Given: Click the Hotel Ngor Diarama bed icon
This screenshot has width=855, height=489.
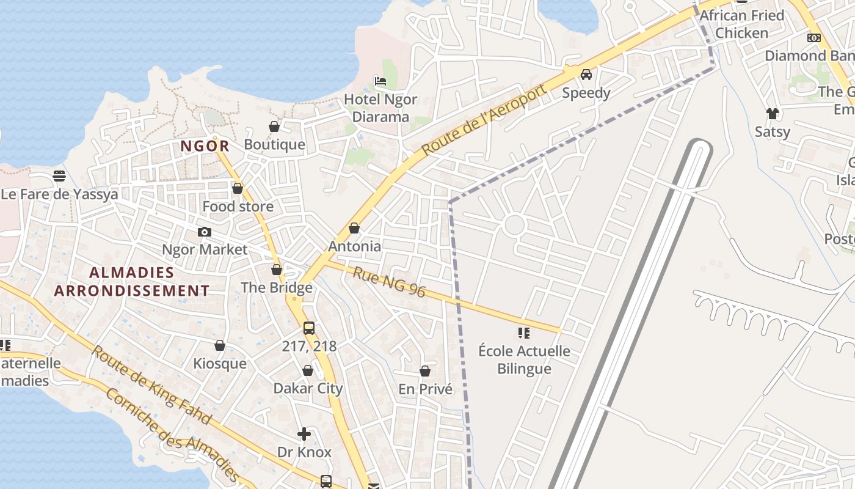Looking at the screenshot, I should click(x=380, y=81).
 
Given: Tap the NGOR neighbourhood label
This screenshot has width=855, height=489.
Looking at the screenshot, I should click(x=205, y=146).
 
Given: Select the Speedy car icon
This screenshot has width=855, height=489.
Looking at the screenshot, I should click(x=586, y=75).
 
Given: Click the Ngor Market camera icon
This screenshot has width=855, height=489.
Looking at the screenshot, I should click(x=205, y=232).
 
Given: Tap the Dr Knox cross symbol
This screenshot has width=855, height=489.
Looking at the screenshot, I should click(x=304, y=435).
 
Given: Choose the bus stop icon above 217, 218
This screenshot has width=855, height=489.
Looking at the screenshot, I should click(x=309, y=328).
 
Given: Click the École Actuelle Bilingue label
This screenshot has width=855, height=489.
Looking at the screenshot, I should click(x=524, y=360).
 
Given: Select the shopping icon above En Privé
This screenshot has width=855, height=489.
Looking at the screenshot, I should click(x=425, y=371).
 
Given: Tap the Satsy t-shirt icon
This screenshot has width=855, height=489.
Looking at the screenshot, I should click(x=773, y=113).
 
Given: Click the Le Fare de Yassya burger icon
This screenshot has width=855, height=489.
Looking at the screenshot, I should click(x=59, y=176).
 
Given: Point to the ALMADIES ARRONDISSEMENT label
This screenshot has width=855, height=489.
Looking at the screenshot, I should click(x=131, y=281).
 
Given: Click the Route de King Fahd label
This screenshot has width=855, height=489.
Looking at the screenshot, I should click(x=151, y=385).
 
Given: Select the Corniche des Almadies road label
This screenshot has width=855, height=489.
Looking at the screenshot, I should click(x=172, y=433).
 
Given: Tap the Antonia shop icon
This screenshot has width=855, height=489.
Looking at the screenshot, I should click(x=354, y=228).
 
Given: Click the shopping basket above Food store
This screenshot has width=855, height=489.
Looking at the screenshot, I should click(x=238, y=188).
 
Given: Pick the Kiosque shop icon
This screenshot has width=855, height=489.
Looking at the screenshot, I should click(x=220, y=346).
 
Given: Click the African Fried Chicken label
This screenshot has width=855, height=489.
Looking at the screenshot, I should click(x=741, y=24).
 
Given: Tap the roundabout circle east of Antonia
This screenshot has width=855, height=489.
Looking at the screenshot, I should click(x=515, y=225).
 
